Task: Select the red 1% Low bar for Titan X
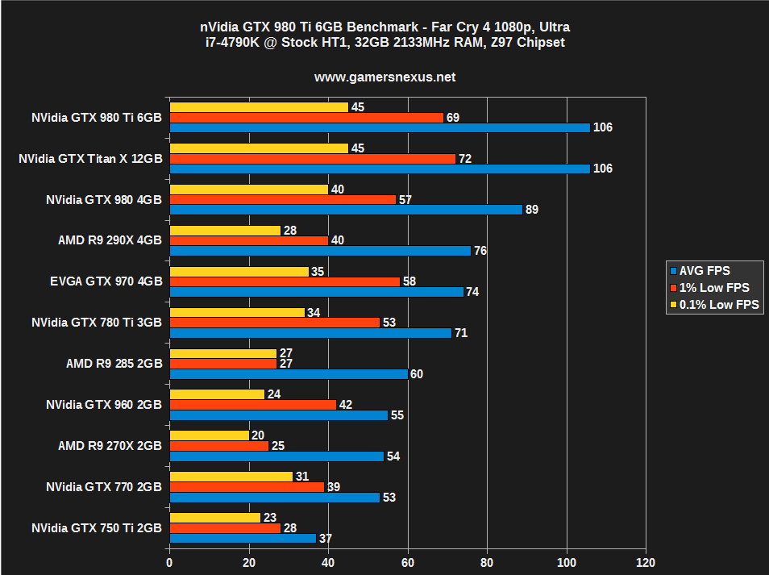[312, 159]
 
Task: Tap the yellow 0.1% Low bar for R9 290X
[225, 231]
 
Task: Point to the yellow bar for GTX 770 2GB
[231, 477]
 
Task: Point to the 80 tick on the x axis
[487, 562]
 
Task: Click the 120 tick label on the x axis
[645, 562]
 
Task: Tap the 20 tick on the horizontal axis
[248, 562]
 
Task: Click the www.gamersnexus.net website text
[384, 77]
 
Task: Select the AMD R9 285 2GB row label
[114, 364]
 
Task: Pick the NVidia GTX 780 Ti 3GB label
[97, 323]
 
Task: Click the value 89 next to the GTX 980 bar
[531, 210]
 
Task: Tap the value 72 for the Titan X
[464, 159]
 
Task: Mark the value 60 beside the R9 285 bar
[416, 374]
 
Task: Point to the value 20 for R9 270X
[257, 435]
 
